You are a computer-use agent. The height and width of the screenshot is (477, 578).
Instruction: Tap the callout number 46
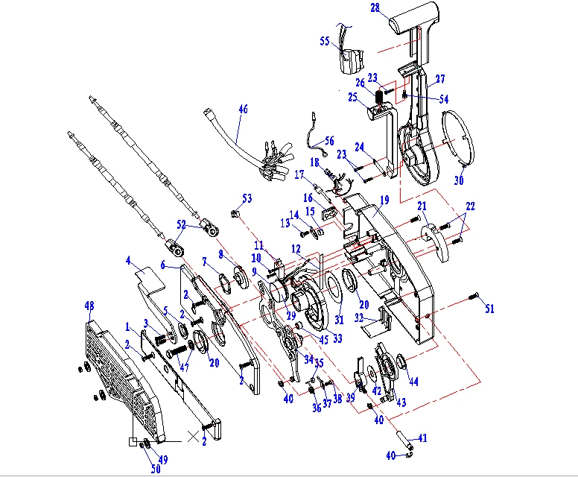point(243,109)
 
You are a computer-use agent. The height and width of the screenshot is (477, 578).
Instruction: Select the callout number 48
point(89,306)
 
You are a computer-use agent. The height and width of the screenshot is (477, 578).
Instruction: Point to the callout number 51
point(489,309)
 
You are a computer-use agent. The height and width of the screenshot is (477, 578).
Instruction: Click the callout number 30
point(459,180)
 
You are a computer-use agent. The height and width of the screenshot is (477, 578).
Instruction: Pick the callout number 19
point(384,200)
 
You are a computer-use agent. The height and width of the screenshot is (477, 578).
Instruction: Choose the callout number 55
point(325,42)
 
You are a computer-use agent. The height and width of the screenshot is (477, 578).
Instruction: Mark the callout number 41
point(422,438)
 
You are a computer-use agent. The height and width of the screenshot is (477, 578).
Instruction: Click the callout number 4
point(128,261)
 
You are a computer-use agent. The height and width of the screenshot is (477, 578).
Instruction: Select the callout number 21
point(422,206)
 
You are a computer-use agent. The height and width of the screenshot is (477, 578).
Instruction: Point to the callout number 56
point(329,139)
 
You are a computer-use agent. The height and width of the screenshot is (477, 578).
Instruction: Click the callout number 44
point(413,382)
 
